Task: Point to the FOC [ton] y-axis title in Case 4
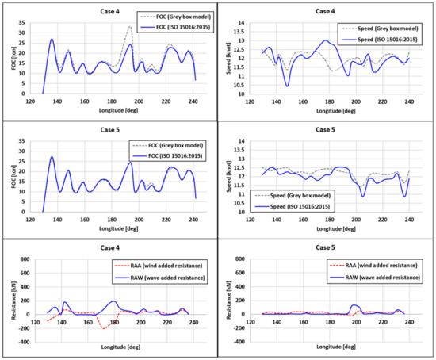point(10,55)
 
